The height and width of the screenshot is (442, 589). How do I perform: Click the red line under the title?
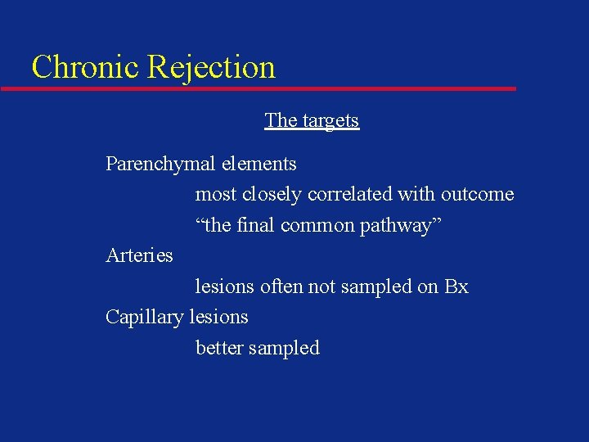pos(270,88)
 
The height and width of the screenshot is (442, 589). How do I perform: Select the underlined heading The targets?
pos(312,120)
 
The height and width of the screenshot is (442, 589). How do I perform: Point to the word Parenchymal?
pos(160,164)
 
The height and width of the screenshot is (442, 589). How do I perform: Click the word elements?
pos(259,164)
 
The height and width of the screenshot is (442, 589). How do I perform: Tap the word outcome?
pos(478,195)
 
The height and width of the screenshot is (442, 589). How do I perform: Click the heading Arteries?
pos(140,255)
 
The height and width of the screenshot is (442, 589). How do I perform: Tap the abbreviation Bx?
pos(456,286)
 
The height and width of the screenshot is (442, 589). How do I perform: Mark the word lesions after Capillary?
pos(218,317)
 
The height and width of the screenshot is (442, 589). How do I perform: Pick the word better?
pos(219,348)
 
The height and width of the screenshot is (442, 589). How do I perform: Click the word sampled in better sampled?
pos(284,348)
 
